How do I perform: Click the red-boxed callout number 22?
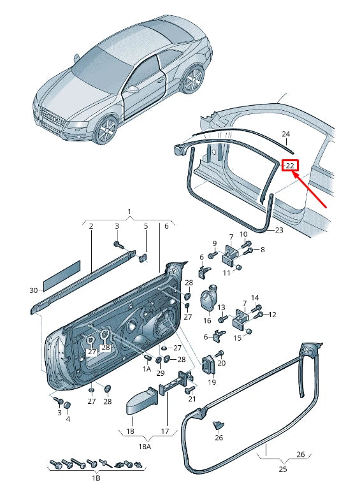click(x=289, y=166)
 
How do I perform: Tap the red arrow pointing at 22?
click(x=310, y=190)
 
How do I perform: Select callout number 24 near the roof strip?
click(x=285, y=134)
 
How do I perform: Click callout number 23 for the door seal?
click(x=279, y=230)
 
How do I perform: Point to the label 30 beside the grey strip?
click(x=34, y=290)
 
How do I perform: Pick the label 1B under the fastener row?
click(x=96, y=478)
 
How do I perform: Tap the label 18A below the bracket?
click(x=145, y=446)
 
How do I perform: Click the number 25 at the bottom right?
click(x=283, y=469)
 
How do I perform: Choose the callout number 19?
click(x=212, y=382)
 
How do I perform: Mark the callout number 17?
click(x=165, y=431)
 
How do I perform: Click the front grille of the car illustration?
click(x=52, y=118)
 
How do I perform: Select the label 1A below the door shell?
click(x=147, y=369)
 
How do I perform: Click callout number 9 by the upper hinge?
click(x=215, y=243)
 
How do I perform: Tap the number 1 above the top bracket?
click(x=129, y=211)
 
